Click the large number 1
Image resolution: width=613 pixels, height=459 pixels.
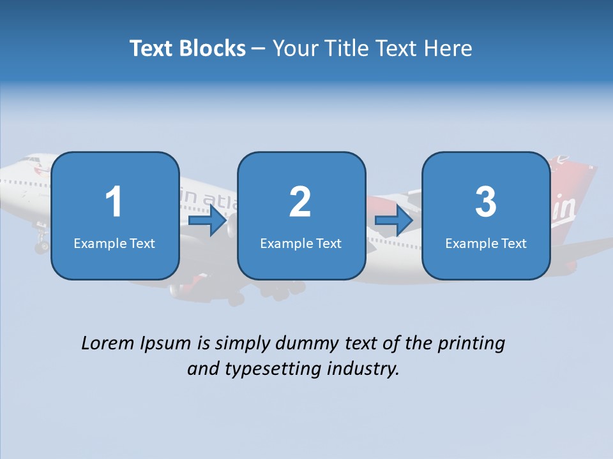(114, 202)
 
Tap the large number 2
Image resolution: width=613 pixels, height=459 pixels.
(300, 202)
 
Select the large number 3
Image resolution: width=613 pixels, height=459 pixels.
(486, 202)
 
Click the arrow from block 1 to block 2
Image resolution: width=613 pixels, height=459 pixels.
(208, 221)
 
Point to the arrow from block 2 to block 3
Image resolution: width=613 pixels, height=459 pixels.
(394, 221)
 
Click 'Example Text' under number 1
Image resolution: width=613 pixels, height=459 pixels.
(114, 243)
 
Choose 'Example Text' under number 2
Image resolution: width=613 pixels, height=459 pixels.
(301, 243)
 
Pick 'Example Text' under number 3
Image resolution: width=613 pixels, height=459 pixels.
(486, 243)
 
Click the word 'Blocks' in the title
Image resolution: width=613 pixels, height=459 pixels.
(209, 48)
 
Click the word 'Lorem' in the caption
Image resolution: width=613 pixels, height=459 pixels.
(108, 343)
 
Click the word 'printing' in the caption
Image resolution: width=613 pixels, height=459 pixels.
(471, 344)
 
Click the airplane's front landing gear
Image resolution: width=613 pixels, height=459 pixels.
(42, 242)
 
